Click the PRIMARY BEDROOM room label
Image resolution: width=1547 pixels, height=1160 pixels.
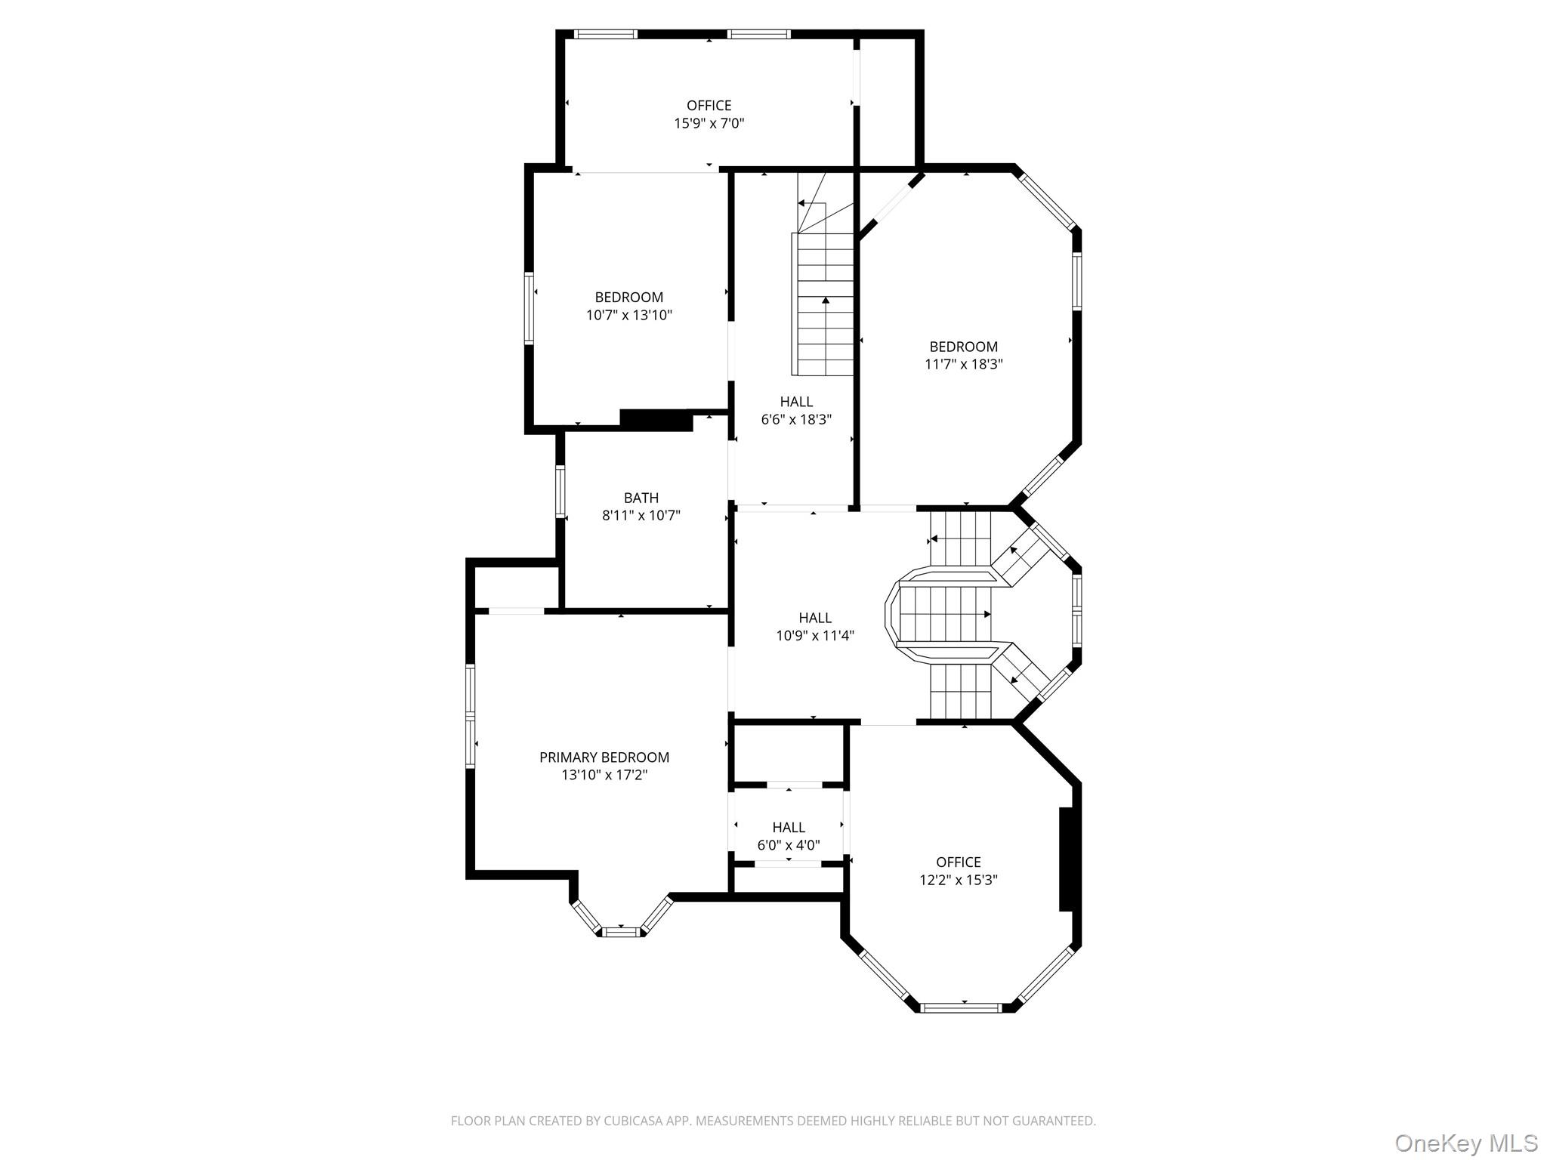[x=604, y=757]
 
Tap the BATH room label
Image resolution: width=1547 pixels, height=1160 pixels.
[x=641, y=498]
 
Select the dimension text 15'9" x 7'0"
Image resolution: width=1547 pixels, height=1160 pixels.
[x=709, y=123]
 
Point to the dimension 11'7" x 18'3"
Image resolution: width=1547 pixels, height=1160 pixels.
[x=964, y=364]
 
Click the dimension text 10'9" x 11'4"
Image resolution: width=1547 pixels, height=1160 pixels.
[x=815, y=635]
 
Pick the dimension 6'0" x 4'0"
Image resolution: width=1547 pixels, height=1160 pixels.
[x=789, y=845]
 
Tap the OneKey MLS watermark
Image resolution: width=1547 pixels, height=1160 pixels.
[x=1466, y=1143]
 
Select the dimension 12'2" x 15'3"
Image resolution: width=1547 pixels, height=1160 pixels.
[x=959, y=880]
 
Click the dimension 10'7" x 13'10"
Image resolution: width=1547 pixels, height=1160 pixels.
[x=629, y=315]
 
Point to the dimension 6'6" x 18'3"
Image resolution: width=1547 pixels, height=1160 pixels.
[x=796, y=419]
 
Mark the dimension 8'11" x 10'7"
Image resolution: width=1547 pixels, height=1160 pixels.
[x=641, y=516]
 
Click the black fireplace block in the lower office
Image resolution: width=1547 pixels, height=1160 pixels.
[x=1067, y=859]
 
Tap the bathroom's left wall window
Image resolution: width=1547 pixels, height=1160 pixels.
[x=560, y=492]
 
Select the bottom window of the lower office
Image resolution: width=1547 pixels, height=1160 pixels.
[x=962, y=1007]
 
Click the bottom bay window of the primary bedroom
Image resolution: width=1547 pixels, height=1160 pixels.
[x=621, y=931]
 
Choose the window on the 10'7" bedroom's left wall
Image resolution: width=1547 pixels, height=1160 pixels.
[x=530, y=308]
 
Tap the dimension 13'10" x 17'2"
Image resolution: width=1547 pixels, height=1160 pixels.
[x=604, y=775]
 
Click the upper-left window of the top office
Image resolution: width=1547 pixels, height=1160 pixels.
[x=605, y=34]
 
